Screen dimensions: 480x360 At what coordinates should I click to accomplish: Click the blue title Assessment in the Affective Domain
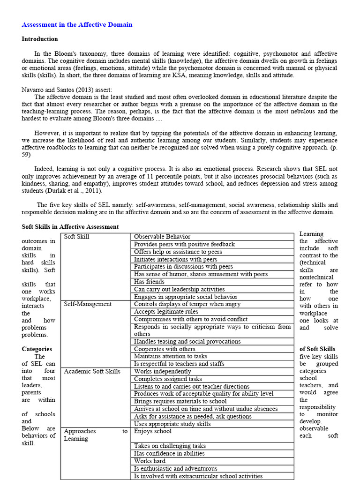tap(77, 25)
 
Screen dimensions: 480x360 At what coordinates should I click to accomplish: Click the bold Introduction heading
tap(40, 39)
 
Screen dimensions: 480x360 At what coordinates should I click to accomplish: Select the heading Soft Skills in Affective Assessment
tap(70, 227)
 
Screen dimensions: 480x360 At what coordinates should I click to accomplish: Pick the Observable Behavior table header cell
tap(162, 237)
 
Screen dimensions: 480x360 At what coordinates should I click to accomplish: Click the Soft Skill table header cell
tap(76, 237)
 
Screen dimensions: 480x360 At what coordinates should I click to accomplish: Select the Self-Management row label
tap(88, 304)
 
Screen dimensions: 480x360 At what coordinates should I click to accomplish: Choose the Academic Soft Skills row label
tap(92, 371)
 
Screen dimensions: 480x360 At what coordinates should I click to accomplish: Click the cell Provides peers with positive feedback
tap(184, 244)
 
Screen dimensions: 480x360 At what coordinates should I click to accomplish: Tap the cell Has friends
tap(149, 282)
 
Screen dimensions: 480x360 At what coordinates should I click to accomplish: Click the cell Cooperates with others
tap(165, 349)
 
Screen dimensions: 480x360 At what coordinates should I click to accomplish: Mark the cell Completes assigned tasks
tap(168, 379)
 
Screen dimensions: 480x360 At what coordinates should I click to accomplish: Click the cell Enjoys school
tap(153, 431)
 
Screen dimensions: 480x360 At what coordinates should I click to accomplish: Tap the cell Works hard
tap(150, 461)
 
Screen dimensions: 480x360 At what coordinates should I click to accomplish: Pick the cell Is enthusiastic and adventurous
tap(175, 469)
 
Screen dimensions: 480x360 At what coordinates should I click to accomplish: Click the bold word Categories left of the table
tap(37, 349)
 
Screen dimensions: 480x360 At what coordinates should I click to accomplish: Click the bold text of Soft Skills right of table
tap(317, 349)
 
